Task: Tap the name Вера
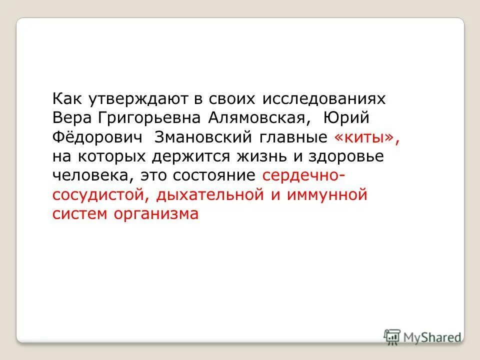[x=71, y=118]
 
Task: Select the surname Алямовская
[x=255, y=118]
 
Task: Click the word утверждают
[x=137, y=99]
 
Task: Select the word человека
[x=93, y=175]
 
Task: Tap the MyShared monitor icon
[x=392, y=336]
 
